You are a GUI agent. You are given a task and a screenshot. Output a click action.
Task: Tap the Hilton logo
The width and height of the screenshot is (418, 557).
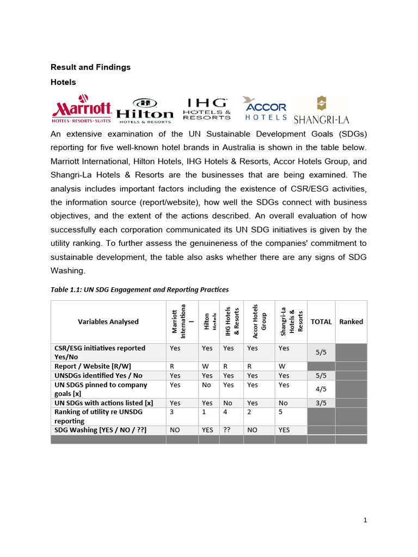[145, 111]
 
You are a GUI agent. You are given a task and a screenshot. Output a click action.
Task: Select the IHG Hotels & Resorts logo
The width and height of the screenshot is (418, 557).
[207, 109]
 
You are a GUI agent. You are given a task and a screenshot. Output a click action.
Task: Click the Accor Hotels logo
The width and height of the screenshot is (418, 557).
[265, 109]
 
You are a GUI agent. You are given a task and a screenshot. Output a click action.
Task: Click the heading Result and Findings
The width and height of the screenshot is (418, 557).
[90, 67]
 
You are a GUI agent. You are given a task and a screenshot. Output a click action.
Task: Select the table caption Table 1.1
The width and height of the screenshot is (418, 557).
[139, 289]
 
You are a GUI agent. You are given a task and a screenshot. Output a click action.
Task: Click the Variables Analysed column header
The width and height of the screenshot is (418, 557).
[108, 321]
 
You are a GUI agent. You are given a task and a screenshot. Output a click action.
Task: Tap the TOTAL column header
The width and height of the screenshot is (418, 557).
[321, 321]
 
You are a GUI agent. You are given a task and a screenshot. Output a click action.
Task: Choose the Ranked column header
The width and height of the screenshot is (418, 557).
[351, 321]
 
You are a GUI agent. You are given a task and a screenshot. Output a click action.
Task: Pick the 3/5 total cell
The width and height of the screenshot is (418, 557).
[321, 403]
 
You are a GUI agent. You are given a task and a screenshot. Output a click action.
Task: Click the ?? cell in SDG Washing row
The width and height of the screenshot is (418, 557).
[228, 430]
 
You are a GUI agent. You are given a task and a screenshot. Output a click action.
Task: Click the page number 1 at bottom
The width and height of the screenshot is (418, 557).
[365, 520]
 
